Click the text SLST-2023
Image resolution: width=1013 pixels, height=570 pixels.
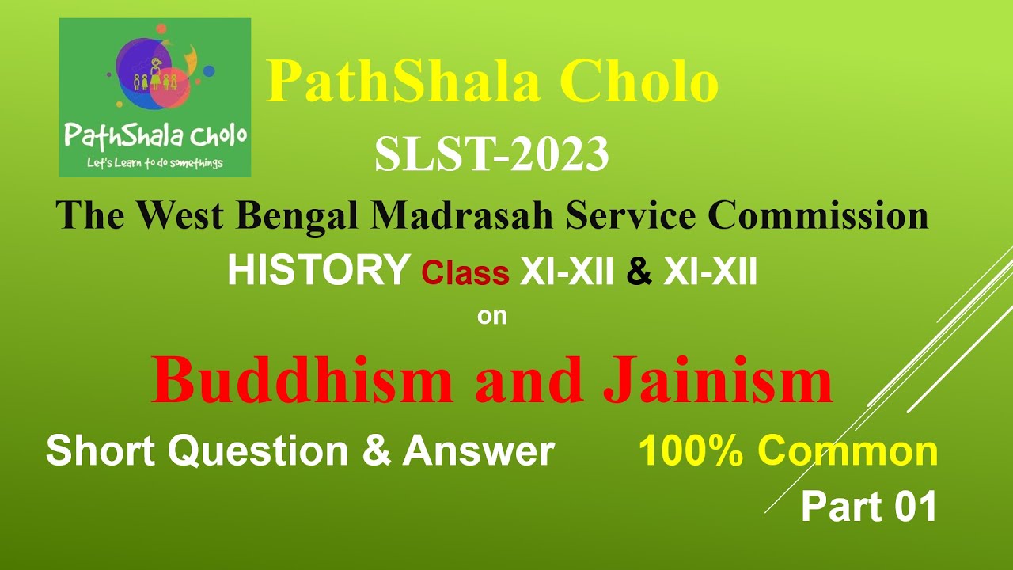coord(491,155)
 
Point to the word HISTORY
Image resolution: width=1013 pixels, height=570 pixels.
coord(317,272)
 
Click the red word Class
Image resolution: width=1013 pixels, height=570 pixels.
coord(465,273)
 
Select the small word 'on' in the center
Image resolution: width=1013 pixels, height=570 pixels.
coord(491,317)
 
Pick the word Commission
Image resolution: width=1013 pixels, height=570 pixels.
coord(818,215)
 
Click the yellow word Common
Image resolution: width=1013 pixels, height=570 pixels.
coord(847,451)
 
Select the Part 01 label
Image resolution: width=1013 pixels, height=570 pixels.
coord(868,507)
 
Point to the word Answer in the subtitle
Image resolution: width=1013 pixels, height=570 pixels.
coord(478,451)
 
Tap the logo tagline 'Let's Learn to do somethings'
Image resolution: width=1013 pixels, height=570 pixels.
coord(154,164)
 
